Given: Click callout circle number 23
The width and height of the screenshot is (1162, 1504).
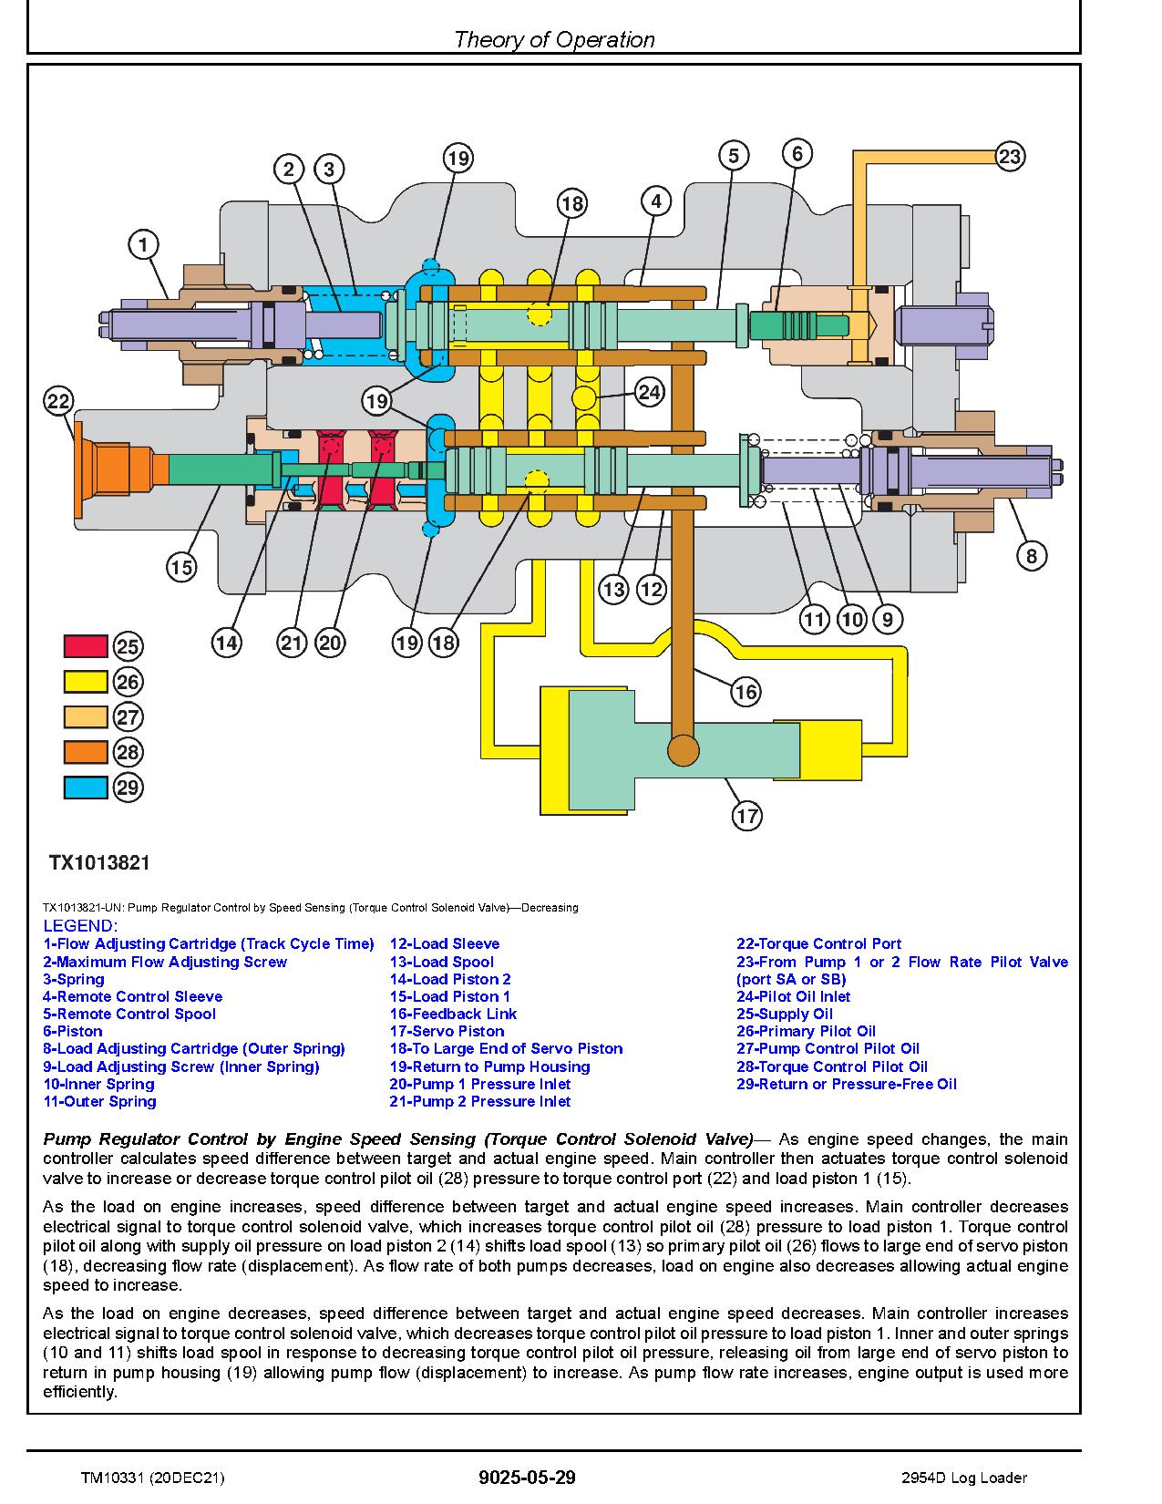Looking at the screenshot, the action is [x=1009, y=157].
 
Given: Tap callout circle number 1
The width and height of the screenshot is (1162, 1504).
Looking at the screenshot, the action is [x=143, y=244].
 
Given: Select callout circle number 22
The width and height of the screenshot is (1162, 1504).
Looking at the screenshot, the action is [x=58, y=401].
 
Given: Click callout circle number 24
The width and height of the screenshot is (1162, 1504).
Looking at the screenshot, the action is [x=649, y=393].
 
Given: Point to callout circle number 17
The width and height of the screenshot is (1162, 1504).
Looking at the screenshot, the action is [x=746, y=815].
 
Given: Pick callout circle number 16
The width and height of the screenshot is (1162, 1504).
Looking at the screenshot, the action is [x=746, y=692].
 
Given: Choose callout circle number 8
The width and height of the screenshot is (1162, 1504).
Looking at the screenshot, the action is [x=1031, y=555].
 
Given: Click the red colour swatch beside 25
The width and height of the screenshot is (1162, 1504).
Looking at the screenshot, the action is [x=86, y=645].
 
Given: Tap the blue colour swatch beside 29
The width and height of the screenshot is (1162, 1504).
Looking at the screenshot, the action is [x=86, y=787].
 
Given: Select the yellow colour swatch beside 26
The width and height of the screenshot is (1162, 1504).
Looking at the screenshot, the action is [x=86, y=681].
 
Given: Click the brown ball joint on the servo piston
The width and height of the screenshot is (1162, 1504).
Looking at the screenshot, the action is [x=684, y=750].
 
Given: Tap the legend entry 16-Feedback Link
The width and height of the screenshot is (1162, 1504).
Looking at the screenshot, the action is [x=453, y=1014].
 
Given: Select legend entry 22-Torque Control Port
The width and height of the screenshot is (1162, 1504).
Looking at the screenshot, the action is [x=818, y=943].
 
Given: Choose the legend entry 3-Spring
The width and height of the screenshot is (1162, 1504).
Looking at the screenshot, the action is [x=73, y=979].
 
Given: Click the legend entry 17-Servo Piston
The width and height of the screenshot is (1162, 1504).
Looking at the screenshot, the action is [x=447, y=1031].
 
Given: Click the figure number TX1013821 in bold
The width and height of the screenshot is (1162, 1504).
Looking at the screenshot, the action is [x=99, y=862].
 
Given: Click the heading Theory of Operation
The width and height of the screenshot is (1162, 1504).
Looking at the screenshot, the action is [x=554, y=39].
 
